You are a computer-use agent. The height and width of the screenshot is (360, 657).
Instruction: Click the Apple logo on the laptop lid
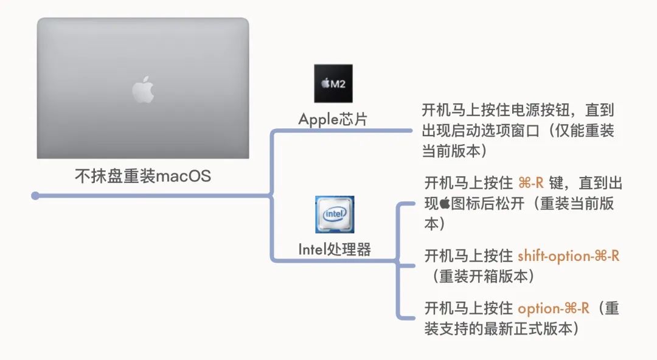[143, 90]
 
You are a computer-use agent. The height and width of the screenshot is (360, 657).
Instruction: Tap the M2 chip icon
[333, 83]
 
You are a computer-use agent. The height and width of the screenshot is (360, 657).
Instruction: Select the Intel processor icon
[334, 215]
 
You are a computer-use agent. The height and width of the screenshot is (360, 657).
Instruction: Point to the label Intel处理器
[334, 249]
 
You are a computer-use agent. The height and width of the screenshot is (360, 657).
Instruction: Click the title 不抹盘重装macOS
[142, 176]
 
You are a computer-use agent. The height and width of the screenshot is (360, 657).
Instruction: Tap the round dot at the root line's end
[35, 196]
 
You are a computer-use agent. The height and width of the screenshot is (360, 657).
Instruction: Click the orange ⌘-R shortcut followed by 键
[530, 184]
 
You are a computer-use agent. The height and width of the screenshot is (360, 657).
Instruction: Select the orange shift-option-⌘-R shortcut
[568, 256]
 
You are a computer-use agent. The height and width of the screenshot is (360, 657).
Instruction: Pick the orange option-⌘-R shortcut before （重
[554, 308]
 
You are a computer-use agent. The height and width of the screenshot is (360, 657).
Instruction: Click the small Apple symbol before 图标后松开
[445, 203]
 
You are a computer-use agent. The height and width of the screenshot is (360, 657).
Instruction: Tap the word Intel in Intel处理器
[312, 249]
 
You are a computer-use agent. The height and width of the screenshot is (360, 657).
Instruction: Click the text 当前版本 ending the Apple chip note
[451, 151]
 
